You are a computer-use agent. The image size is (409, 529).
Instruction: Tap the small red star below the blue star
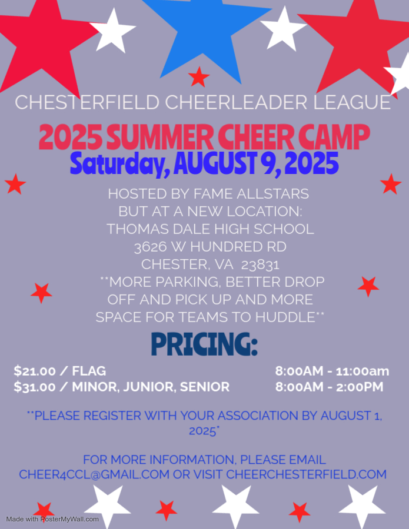[x=198, y=77]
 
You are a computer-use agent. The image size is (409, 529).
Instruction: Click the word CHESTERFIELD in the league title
[x=87, y=102]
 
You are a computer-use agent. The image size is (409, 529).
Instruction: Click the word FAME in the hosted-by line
[x=214, y=194]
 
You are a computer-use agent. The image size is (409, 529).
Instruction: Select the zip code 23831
[x=260, y=264]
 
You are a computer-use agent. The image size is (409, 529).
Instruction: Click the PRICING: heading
[x=204, y=344]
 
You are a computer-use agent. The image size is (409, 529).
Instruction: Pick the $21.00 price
[x=35, y=371]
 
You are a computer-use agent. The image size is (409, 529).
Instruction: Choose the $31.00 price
[x=35, y=387]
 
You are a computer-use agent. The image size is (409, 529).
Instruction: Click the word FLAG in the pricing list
[x=89, y=371]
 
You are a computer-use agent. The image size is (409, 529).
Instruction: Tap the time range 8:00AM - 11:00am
[x=332, y=371]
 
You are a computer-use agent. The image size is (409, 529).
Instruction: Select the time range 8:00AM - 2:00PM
[x=330, y=387]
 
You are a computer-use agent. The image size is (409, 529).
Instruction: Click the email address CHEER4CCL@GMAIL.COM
[x=94, y=474]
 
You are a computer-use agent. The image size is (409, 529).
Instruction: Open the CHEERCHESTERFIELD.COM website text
[x=307, y=474]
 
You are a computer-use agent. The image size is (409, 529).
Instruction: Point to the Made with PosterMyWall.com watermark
[x=52, y=519]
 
